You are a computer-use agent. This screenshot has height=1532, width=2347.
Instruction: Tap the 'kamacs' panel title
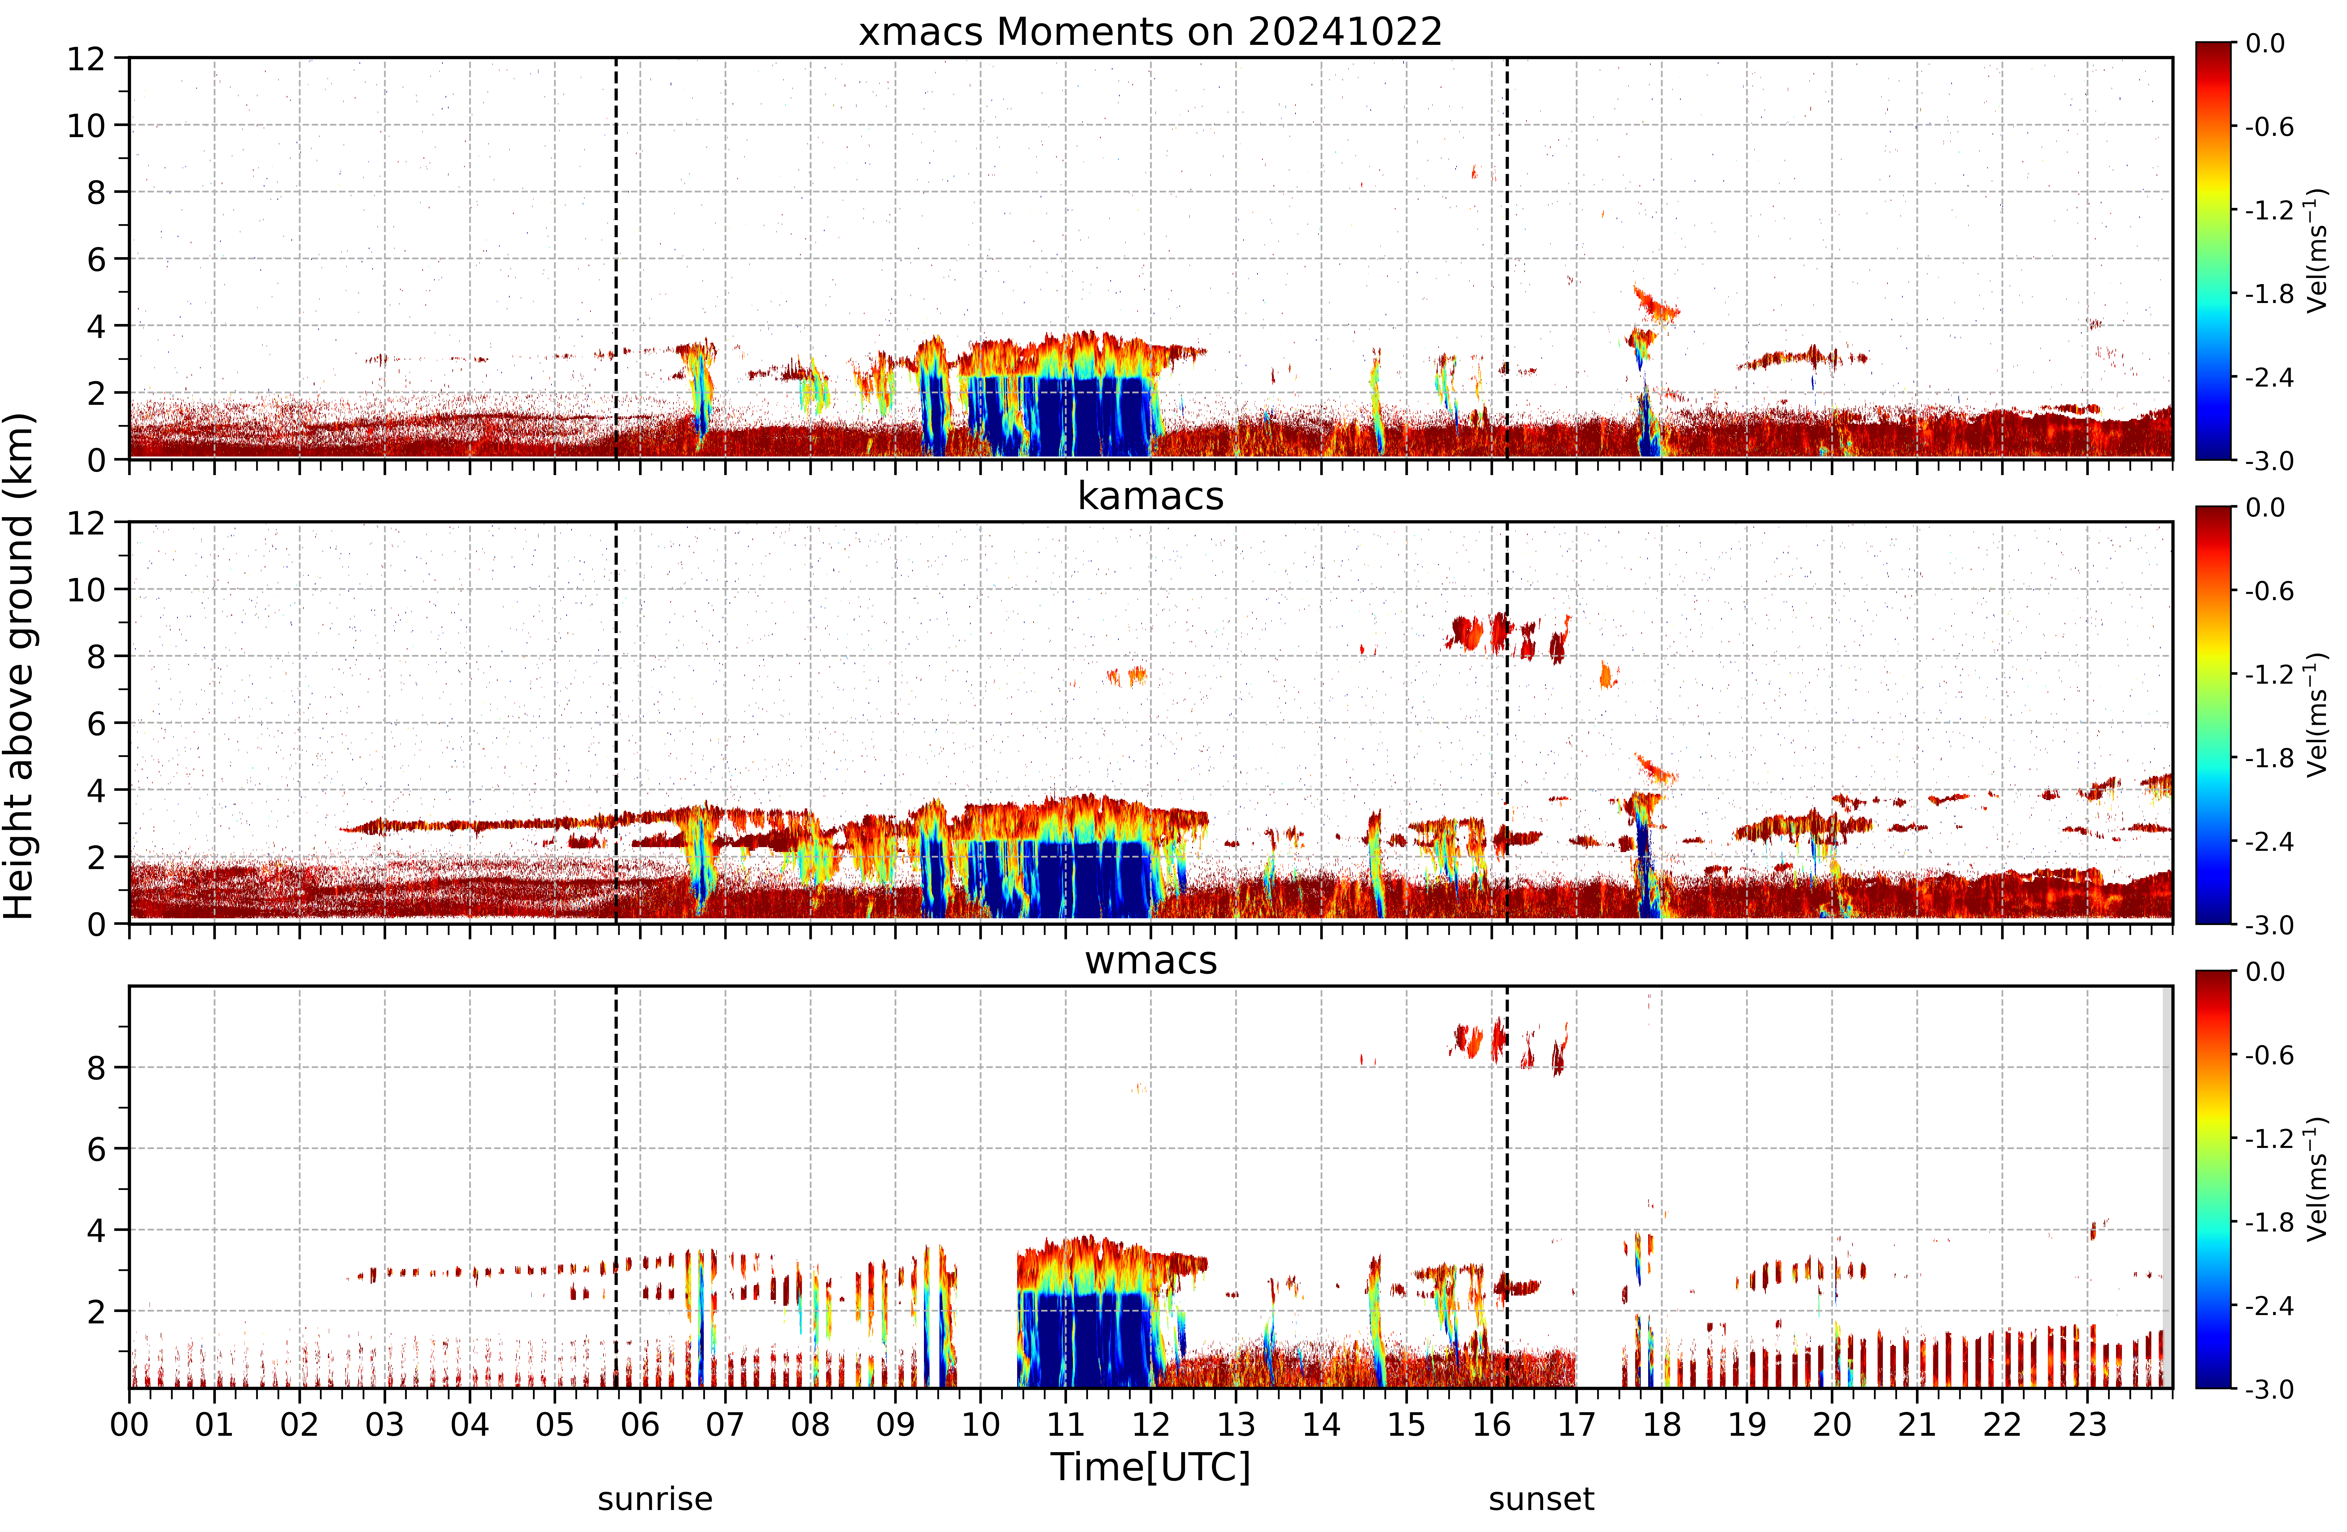click(x=1150, y=496)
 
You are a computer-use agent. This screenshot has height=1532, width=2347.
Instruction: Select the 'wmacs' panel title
click(x=1150, y=960)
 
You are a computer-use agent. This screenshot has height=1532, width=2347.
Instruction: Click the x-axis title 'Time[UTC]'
click(x=1150, y=1467)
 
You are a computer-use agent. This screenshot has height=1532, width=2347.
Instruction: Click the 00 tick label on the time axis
click(x=129, y=1425)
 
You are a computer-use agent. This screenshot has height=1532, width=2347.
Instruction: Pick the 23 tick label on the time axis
click(x=2087, y=1425)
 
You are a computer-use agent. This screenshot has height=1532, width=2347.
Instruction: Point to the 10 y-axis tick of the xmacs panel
click(x=86, y=125)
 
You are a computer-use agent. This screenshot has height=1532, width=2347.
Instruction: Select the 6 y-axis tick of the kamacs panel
click(x=96, y=724)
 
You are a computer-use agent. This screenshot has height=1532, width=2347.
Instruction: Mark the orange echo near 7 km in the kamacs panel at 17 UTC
click(x=1607, y=675)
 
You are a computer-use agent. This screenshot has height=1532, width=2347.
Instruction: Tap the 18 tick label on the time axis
click(x=1662, y=1425)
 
